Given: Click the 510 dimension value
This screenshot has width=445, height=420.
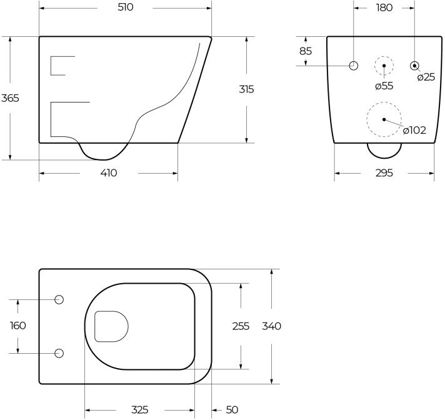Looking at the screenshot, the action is coord(126,7).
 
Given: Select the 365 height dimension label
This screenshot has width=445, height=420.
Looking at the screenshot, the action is coord(10,98).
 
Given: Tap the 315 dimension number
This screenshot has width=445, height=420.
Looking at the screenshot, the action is coord(246,89).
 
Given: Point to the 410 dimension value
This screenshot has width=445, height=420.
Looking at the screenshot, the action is coord(109,173).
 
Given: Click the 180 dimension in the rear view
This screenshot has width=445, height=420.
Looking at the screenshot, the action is coord(384,7).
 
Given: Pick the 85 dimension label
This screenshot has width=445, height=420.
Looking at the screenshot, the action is coord(306,51).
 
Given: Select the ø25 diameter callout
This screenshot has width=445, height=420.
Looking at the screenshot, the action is coord(426,77).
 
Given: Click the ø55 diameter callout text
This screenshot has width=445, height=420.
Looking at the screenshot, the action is coord(384,86).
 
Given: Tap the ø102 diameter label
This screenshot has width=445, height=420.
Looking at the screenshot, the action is coord(414,130).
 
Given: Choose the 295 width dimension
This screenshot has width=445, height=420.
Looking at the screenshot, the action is coord(384,173).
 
